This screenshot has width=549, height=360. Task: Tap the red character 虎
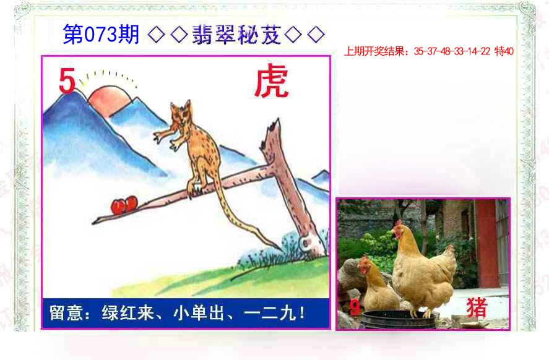(x=272, y=82)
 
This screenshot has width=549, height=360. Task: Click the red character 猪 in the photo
(x=477, y=307)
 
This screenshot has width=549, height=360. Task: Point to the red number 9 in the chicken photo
(x=354, y=307)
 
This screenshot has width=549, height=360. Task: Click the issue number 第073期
(x=101, y=35)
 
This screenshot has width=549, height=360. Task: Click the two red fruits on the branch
(x=124, y=205)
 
